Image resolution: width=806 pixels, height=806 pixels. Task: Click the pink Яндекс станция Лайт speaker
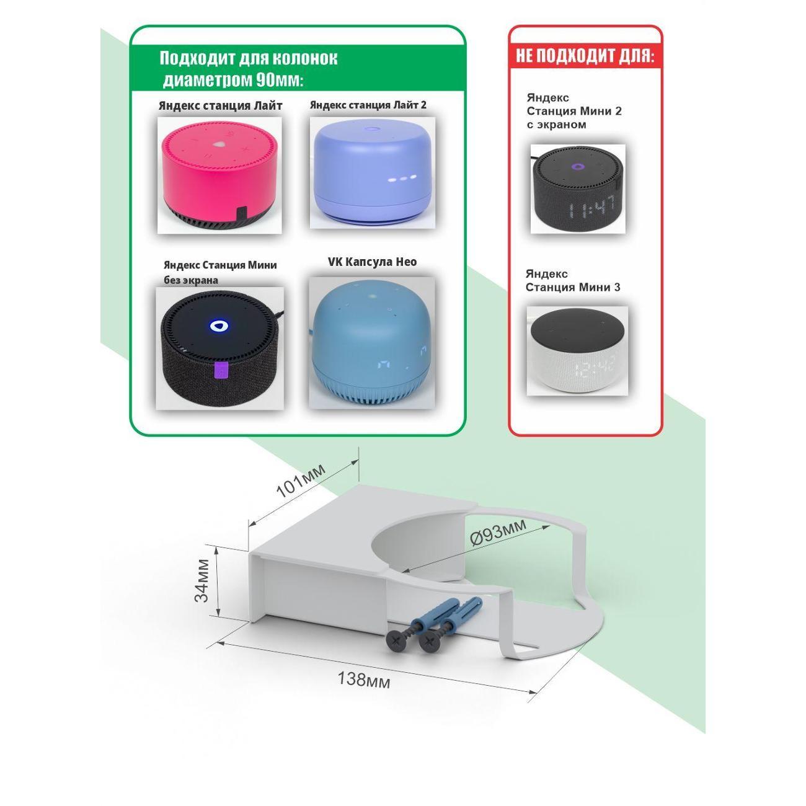point(219,175)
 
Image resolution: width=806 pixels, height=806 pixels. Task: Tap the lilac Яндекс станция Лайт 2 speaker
point(372,172)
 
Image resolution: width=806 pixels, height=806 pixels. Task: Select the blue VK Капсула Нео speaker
point(371,344)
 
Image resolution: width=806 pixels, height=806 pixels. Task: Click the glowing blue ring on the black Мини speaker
point(217,326)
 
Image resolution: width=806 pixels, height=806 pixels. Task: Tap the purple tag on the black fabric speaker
point(221,370)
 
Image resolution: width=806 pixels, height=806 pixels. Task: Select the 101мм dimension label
point(301,481)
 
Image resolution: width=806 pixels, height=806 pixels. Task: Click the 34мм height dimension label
point(202,580)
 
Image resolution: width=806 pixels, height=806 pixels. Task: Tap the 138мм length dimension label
point(363,680)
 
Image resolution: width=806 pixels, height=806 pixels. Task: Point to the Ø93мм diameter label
point(498,531)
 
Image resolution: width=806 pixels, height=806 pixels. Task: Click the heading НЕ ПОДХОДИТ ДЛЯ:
point(585,55)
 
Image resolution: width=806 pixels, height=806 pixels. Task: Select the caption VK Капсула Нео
point(372,262)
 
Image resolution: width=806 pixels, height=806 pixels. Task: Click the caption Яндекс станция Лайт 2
point(368,105)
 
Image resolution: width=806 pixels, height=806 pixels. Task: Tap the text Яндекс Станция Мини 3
point(573,281)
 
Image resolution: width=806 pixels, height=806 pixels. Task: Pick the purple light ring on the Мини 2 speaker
point(578,167)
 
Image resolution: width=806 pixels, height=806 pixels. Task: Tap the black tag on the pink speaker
point(241,213)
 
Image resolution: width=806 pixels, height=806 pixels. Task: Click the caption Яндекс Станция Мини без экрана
point(220,272)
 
